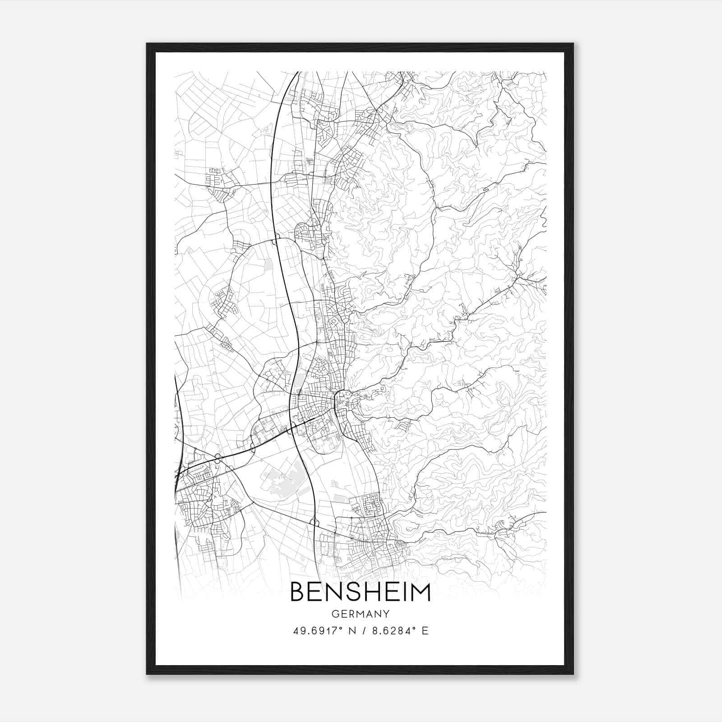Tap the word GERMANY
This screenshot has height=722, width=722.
point(360,614)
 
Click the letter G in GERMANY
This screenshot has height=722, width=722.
point(335,614)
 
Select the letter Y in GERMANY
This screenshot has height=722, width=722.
point(386,614)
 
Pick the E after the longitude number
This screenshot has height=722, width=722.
point(425,631)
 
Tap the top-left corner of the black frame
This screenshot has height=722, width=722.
point(147,44)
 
